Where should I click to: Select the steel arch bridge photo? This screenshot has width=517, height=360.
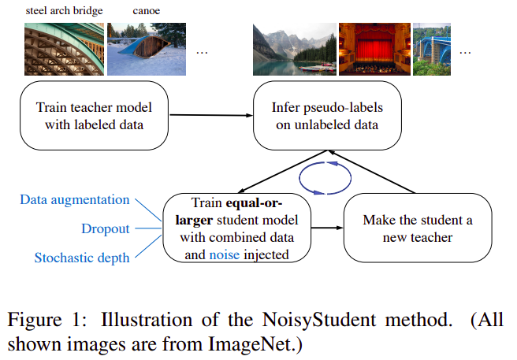tap(62, 48)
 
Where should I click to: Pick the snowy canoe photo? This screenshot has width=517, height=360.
tap(147, 48)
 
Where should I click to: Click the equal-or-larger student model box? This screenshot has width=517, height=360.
tap(236, 228)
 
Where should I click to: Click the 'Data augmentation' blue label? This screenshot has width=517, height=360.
tap(75, 199)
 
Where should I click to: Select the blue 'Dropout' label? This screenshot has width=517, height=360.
tap(105, 229)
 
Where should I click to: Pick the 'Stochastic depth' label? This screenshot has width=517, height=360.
tap(82, 258)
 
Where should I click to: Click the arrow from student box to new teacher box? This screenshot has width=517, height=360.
tap(327, 228)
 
